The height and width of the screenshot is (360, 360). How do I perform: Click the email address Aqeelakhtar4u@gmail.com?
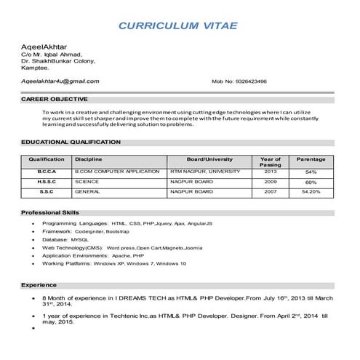(x=60, y=81)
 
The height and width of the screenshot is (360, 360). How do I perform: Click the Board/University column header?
(x=209, y=159)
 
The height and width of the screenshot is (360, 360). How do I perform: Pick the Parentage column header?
(x=311, y=159)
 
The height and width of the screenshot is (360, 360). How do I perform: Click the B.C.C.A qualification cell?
(x=47, y=172)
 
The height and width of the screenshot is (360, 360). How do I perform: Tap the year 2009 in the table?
(x=271, y=182)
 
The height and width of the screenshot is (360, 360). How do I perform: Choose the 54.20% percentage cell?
(x=311, y=192)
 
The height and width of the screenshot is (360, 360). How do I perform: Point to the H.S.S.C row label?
(x=47, y=182)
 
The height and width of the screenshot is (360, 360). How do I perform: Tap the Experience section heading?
(x=39, y=284)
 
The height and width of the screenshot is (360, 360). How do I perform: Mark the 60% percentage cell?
(x=311, y=182)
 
